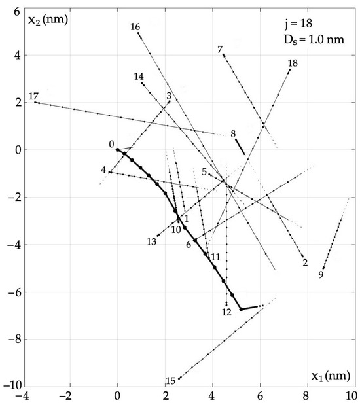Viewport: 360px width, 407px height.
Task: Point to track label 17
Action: pyautogui.click(x=33, y=97)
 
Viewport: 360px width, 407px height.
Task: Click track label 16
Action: pyautogui.click(x=135, y=27)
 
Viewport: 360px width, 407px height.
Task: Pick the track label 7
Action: pyautogui.click(x=220, y=49)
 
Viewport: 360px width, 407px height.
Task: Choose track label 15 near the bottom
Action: pyautogui.click(x=170, y=381)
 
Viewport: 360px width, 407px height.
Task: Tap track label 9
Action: pyautogui.click(x=321, y=275)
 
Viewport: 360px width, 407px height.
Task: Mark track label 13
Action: pyautogui.click(x=151, y=242)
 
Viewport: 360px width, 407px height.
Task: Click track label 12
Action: pyautogui.click(x=227, y=312)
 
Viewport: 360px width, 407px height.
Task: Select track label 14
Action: pyautogui.click(x=139, y=77)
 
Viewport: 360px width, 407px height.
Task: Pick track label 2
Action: pyautogui.click(x=305, y=263)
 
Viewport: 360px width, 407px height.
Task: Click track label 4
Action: pyautogui.click(x=103, y=171)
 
